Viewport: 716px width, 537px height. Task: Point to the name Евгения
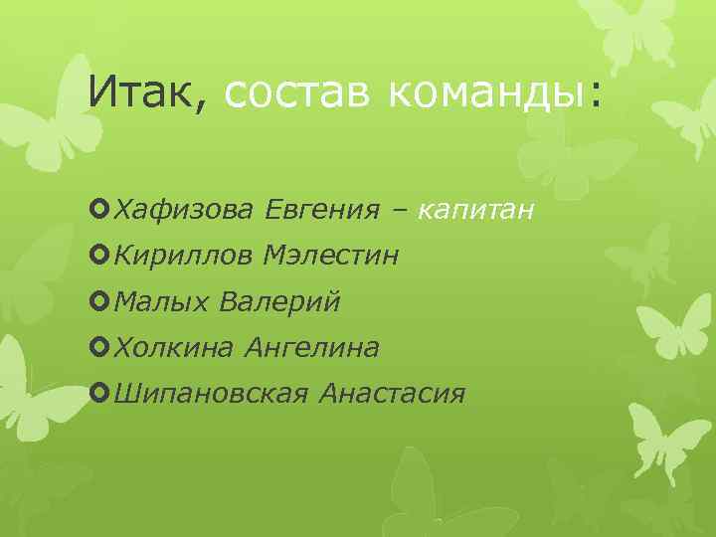click(x=322, y=211)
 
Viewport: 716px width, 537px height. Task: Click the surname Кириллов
click(x=186, y=257)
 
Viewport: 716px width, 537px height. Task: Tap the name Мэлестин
click(x=331, y=257)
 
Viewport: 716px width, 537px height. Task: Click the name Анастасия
click(x=393, y=394)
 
